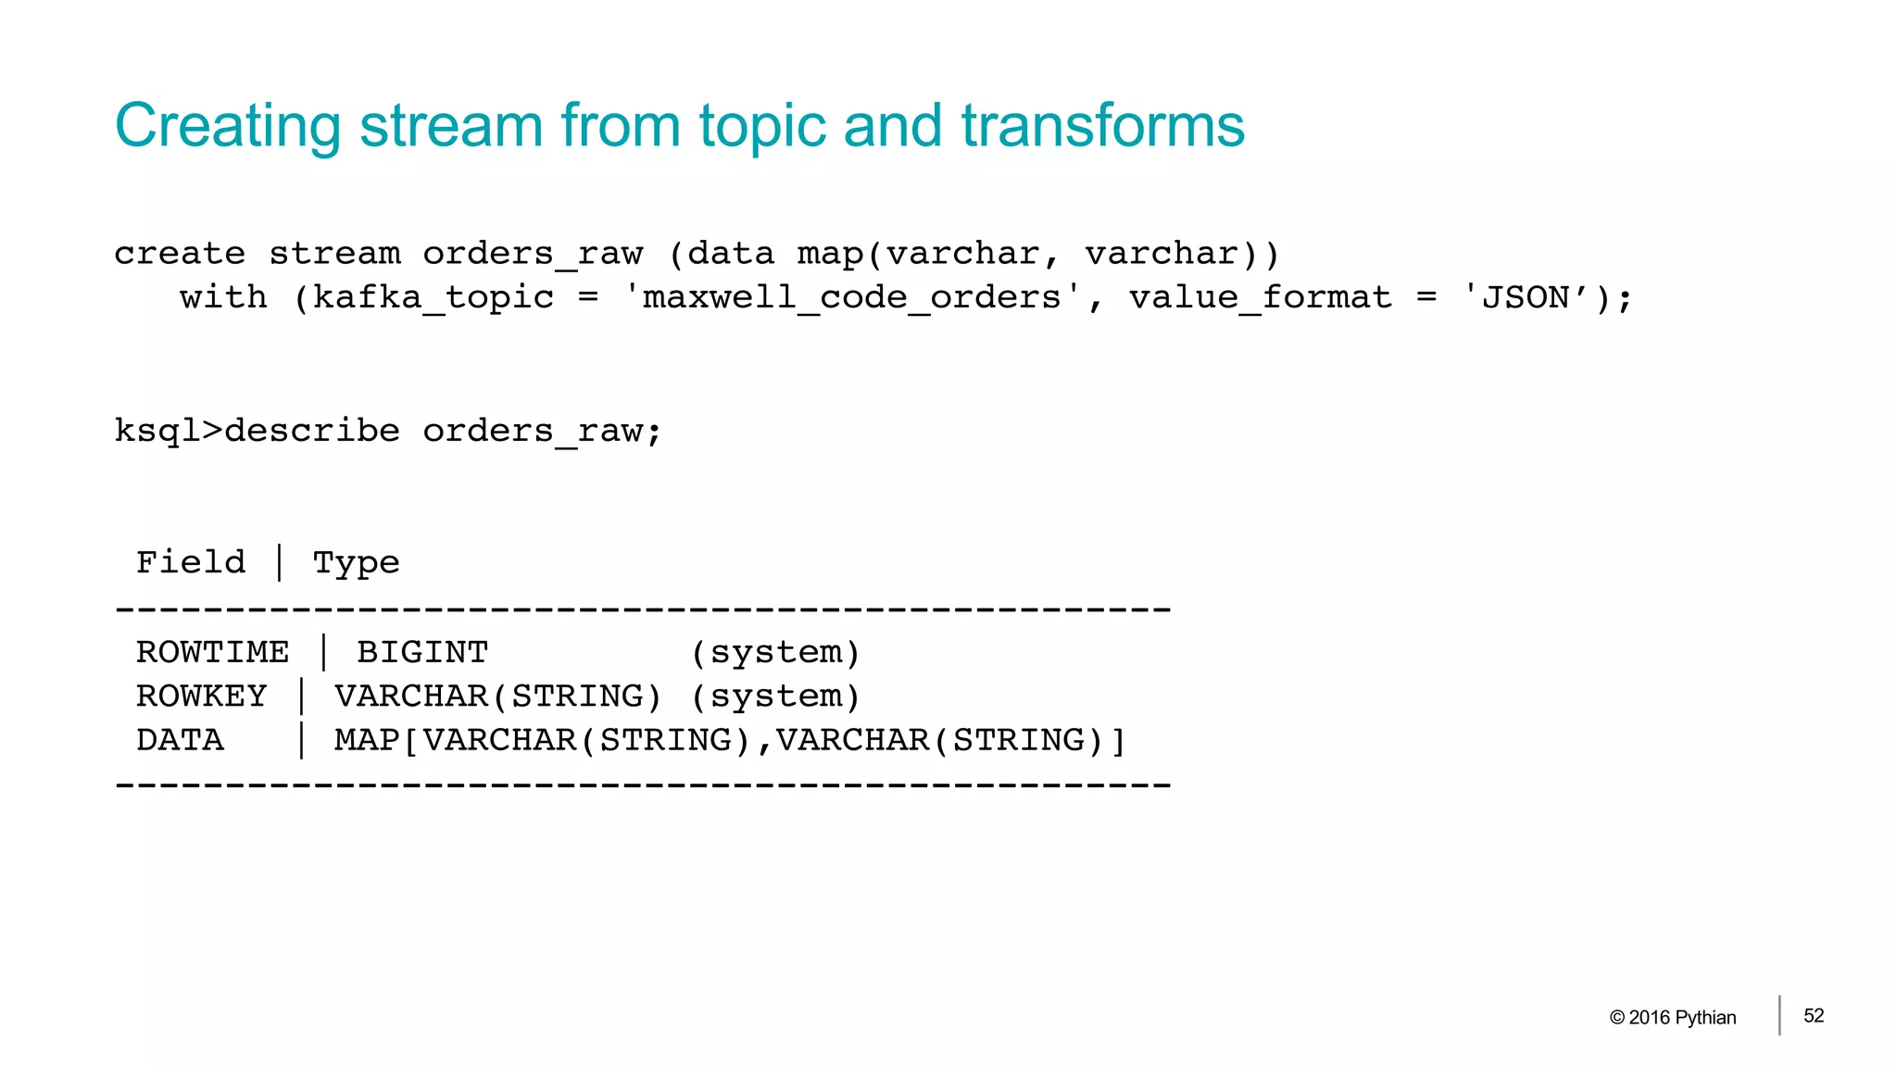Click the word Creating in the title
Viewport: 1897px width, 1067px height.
228,126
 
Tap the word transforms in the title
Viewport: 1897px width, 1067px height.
1102,126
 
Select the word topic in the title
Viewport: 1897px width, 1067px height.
761,126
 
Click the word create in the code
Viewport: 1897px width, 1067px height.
180,254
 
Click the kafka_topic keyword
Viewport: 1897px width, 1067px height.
433,298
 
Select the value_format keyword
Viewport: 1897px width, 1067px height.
1260,298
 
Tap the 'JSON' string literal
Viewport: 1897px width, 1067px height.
1526,298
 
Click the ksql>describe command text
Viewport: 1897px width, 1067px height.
258,432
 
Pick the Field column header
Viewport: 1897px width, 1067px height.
191,562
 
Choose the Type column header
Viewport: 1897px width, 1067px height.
356,563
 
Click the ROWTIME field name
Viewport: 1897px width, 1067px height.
212,652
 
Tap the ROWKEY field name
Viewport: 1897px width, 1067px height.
201,696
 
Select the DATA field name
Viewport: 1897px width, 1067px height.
180,740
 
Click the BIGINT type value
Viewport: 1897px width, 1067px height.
422,652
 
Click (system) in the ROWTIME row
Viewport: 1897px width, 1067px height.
775,653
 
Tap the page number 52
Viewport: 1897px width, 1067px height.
1814,1016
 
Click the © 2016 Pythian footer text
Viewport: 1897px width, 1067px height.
1673,1017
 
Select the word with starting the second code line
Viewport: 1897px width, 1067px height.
223,298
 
